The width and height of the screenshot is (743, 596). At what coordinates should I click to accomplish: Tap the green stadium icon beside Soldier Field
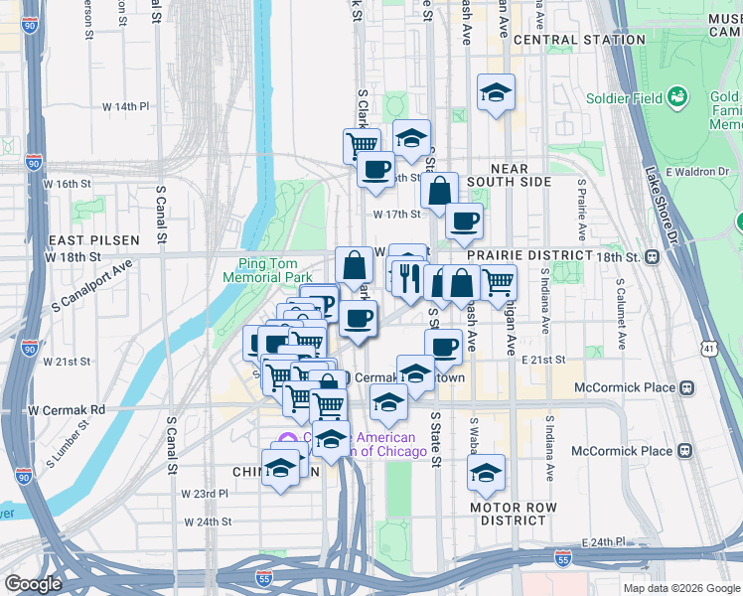click(x=678, y=97)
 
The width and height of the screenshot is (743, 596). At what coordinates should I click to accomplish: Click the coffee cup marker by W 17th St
click(x=464, y=221)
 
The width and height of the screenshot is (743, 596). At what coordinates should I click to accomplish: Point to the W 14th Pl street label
click(x=125, y=106)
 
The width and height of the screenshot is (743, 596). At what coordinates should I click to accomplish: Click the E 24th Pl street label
click(x=602, y=542)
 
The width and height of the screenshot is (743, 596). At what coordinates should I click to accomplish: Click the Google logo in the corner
click(x=33, y=584)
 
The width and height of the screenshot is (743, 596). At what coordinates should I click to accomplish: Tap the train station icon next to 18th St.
click(x=653, y=256)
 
